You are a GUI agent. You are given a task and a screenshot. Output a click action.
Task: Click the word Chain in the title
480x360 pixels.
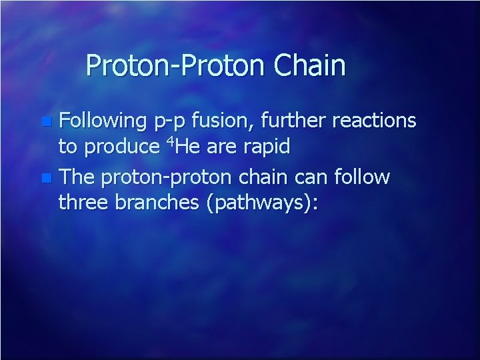pyautogui.click(x=309, y=66)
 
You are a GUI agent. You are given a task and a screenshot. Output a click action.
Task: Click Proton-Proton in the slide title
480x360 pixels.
pyautogui.click(x=175, y=66)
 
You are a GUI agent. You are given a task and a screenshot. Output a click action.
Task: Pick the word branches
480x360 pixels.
pyautogui.click(x=160, y=201)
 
